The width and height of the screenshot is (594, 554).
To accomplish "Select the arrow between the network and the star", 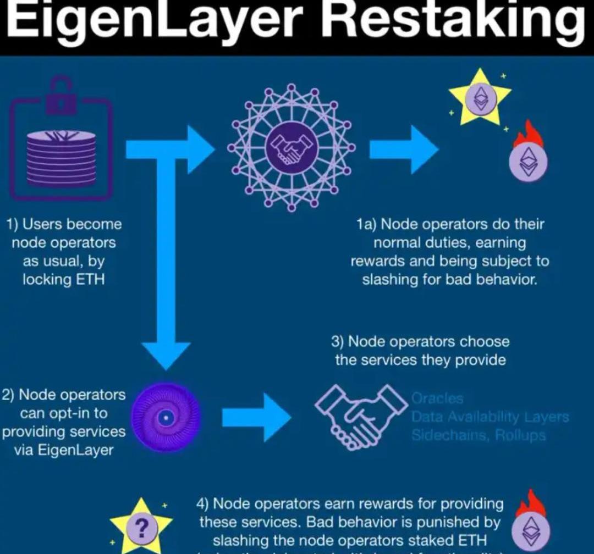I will point(404,149).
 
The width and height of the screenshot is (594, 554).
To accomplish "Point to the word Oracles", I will point(438,397).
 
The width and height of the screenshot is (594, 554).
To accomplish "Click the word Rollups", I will point(520,435).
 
